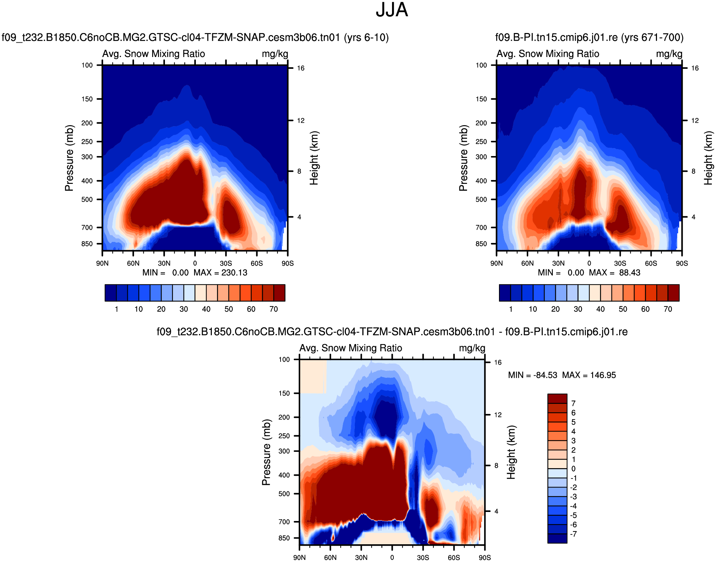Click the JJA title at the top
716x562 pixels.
(x=392, y=10)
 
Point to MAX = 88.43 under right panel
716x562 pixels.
(x=615, y=273)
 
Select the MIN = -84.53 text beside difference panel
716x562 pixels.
(x=532, y=375)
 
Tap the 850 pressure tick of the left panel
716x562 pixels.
(x=87, y=244)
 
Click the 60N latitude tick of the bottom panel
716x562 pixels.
(x=330, y=557)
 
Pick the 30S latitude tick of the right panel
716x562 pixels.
(x=620, y=263)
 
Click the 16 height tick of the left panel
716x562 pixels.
(x=300, y=68)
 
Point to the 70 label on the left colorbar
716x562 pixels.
(x=274, y=309)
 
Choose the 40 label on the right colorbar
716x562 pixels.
(x=600, y=309)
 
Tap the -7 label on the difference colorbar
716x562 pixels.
(x=573, y=534)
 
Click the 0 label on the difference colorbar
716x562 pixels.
(x=573, y=469)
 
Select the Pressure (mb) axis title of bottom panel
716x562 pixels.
(x=266, y=452)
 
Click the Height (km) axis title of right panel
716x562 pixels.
(x=708, y=158)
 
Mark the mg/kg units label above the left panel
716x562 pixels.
(x=275, y=54)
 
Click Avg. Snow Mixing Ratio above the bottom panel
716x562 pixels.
(x=351, y=348)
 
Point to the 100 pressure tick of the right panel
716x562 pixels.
(x=481, y=65)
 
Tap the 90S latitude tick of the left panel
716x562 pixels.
(x=288, y=263)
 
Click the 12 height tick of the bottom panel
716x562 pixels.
(x=498, y=415)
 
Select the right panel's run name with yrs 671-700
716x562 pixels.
(x=589, y=38)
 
